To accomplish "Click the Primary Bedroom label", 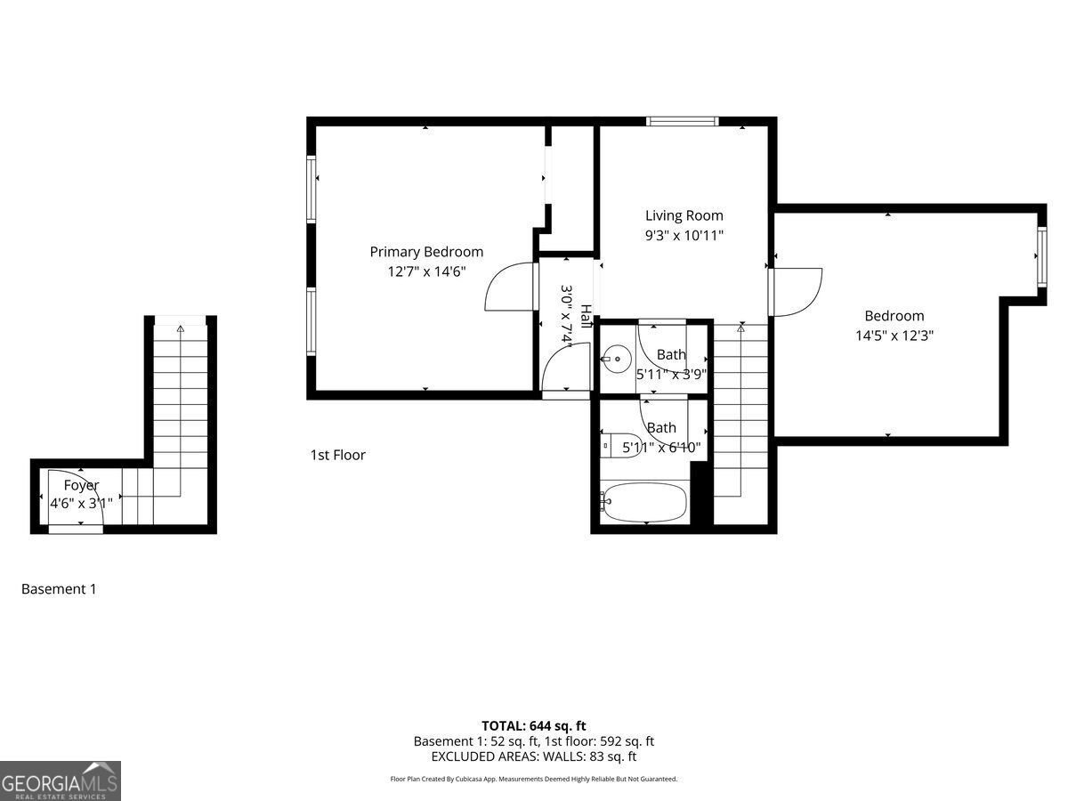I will [426, 252].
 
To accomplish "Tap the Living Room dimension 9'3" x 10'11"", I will [684, 236].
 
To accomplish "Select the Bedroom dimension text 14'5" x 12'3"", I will [894, 336].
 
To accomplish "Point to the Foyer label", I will [81, 485].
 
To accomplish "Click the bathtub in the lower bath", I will [644, 503].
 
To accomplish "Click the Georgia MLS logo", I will [61, 781].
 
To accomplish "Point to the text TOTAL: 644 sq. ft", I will [533, 725].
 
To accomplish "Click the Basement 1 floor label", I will [59, 588].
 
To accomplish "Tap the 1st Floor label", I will [337, 455].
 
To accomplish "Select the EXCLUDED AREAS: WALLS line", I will [533, 756].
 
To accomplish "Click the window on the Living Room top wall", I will [683, 122].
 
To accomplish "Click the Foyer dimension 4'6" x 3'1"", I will [81, 503].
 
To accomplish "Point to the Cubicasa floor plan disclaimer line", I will [533, 779].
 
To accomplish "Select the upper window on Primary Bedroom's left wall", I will [311, 189].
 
